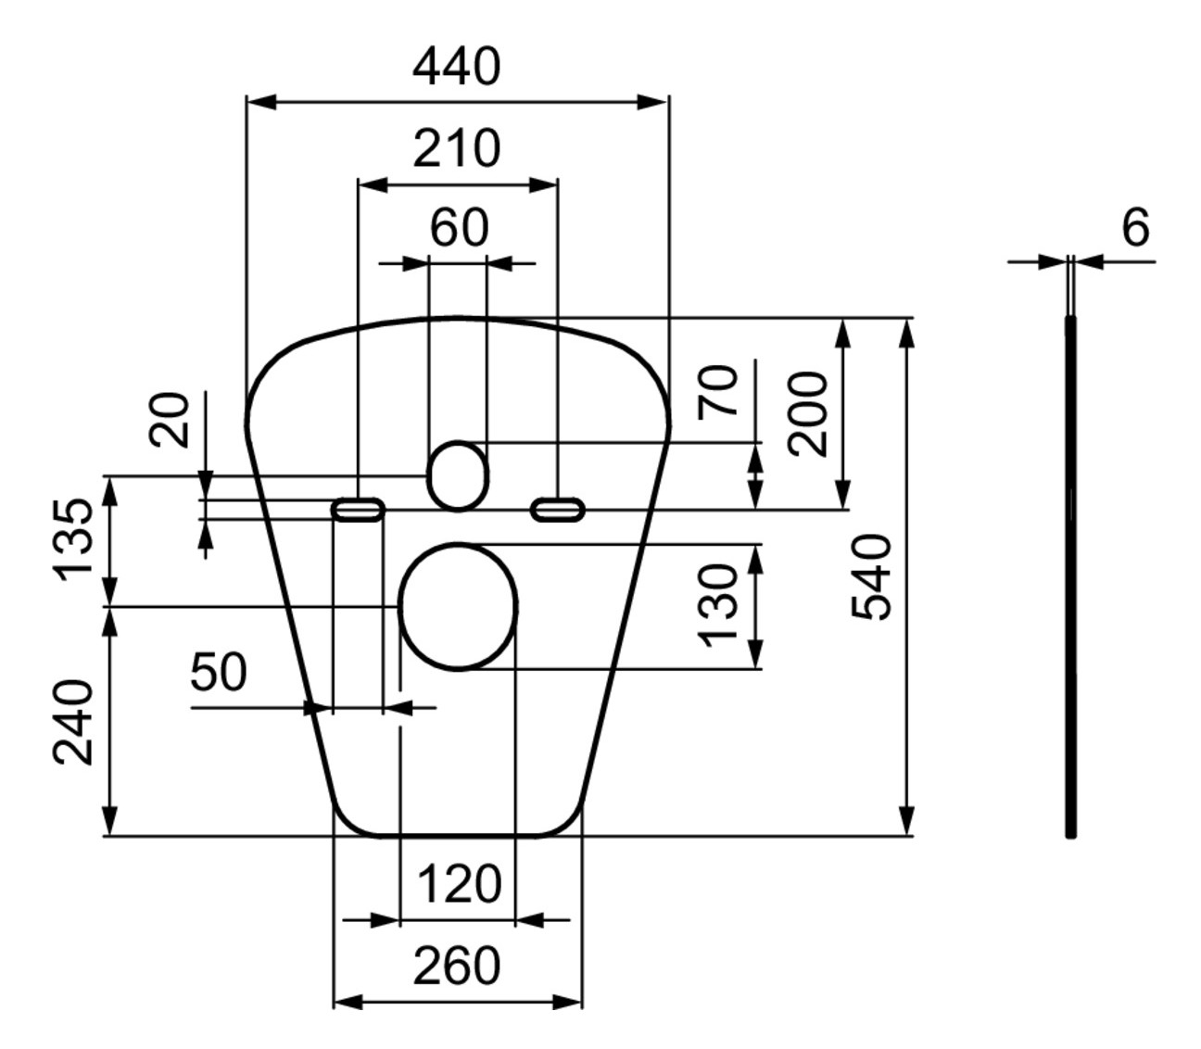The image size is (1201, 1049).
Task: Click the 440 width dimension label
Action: [x=456, y=68]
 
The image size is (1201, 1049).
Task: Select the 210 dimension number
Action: [x=456, y=148]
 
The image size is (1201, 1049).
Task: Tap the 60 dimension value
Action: [x=459, y=228]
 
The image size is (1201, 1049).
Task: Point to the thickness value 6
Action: [x=1135, y=227]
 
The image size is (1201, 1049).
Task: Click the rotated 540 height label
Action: [x=872, y=576]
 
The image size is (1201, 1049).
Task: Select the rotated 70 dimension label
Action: [x=720, y=391]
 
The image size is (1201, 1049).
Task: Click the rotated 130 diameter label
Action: [x=718, y=606]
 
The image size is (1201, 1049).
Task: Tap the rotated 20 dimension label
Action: [x=171, y=420]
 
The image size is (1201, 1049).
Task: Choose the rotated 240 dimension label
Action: [x=72, y=723]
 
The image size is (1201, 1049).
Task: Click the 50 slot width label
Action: [x=219, y=672]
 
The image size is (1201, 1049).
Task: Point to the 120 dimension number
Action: [x=459, y=884]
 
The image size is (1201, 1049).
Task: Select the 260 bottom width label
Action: [x=456, y=967]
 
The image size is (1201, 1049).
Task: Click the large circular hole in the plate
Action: [x=458, y=606]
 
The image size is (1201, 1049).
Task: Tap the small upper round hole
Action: [x=457, y=474]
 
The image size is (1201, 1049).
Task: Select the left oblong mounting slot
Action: [x=358, y=509]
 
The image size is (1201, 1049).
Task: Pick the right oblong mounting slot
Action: [x=557, y=509]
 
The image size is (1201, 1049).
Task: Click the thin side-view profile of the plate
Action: [x=1071, y=575]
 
